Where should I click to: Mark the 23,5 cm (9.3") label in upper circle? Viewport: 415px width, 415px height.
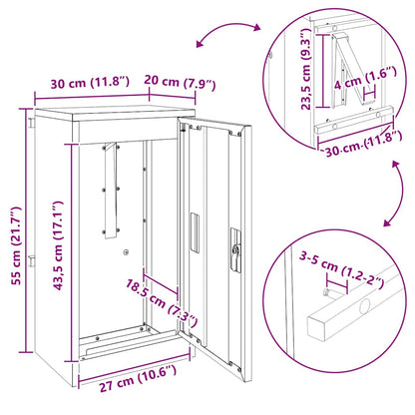click(x=308, y=87)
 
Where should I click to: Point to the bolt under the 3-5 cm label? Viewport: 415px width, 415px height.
click(x=328, y=294)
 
